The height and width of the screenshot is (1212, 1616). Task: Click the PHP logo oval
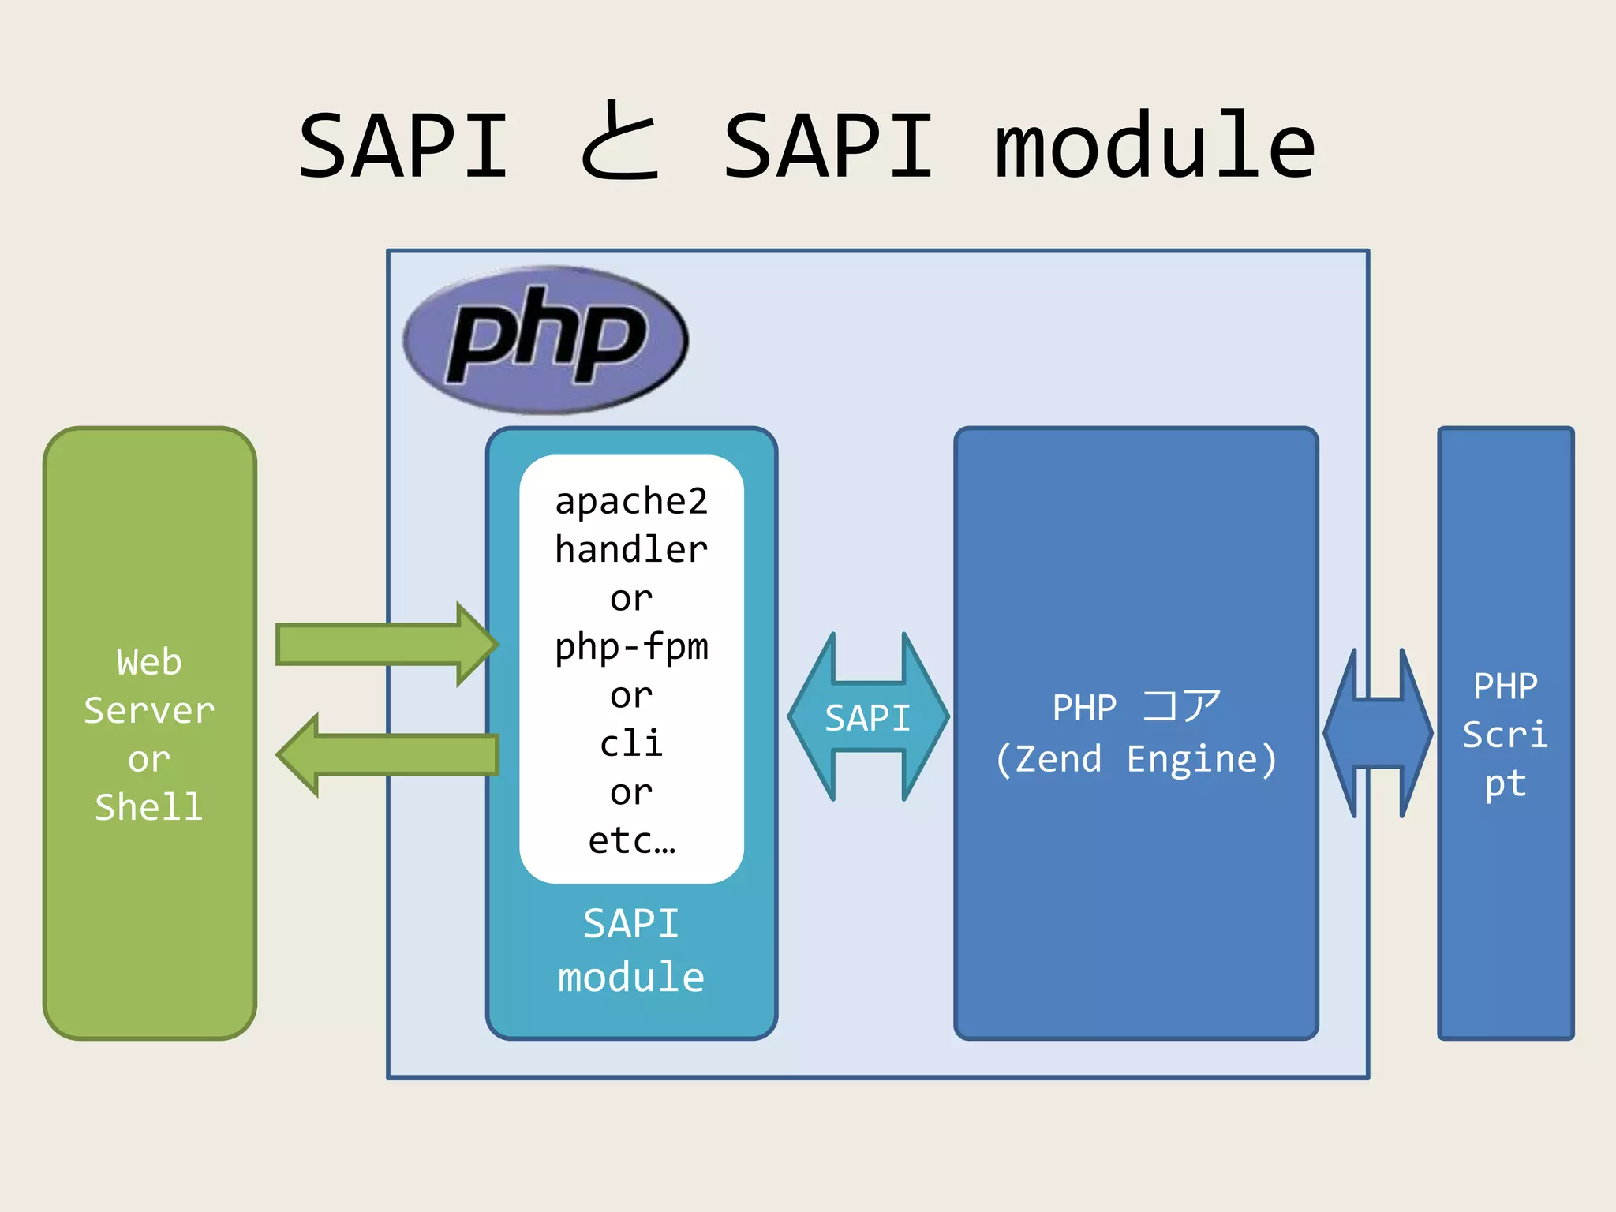(x=545, y=340)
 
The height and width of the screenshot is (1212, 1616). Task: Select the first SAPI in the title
(x=404, y=146)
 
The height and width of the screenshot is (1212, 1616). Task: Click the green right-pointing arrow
(x=387, y=645)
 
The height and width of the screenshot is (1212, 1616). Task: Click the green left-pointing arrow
(x=387, y=755)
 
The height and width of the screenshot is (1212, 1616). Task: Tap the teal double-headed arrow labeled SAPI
(x=868, y=717)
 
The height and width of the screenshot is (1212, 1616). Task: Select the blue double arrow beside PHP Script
(x=1378, y=733)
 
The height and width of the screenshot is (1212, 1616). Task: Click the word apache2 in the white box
(x=631, y=502)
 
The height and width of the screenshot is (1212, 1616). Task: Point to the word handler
(x=631, y=550)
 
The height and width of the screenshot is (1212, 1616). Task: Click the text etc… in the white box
(x=631, y=841)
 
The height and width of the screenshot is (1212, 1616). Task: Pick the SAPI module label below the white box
(x=631, y=950)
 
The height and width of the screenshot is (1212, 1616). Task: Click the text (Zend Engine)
(x=1135, y=760)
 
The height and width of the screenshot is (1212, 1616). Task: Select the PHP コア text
(x=1135, y=707)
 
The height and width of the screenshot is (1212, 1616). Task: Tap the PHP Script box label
(x=1505, y=735)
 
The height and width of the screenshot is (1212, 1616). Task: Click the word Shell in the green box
(x=149, y=807)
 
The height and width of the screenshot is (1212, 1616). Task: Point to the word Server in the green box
(x=149, y=711)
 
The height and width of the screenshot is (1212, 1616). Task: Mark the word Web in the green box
(x=149, y=662)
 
